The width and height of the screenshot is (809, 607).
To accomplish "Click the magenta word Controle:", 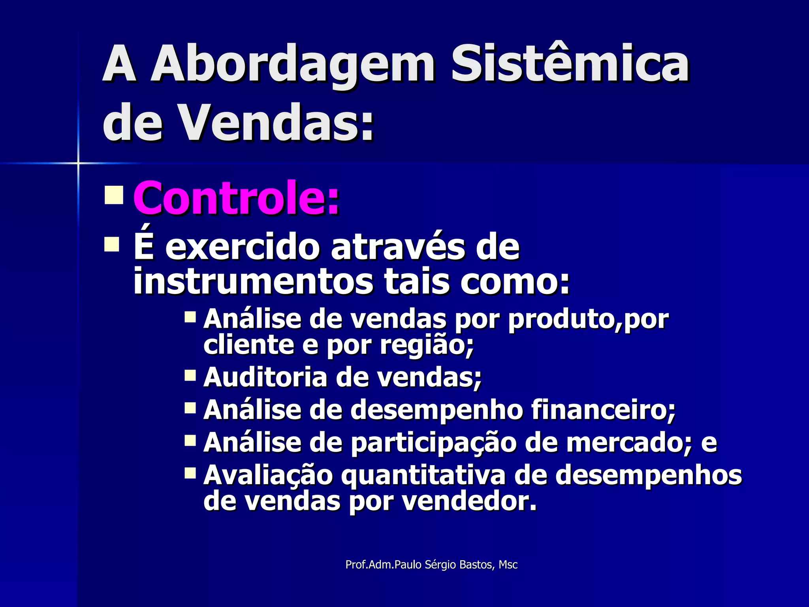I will point(236,198).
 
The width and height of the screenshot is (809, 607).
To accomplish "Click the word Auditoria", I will point(265,377).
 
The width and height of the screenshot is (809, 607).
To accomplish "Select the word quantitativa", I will point(423,475).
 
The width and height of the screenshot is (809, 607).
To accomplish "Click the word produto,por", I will point(588,319).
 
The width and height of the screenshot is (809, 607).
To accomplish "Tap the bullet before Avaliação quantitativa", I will point(190,473).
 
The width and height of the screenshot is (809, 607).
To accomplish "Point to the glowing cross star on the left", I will point(78,163).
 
